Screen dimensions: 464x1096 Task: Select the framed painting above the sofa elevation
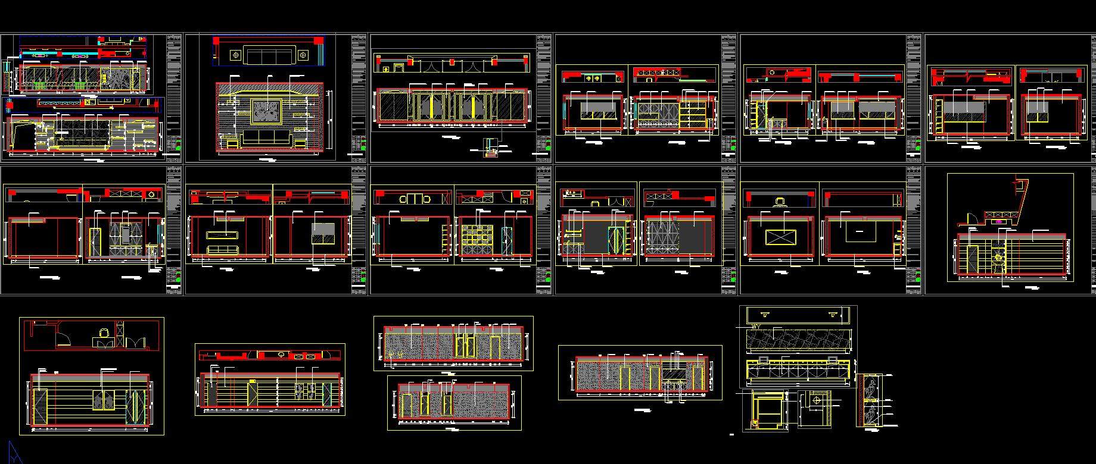point(266,111)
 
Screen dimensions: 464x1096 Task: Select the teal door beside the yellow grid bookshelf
point(506,240)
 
